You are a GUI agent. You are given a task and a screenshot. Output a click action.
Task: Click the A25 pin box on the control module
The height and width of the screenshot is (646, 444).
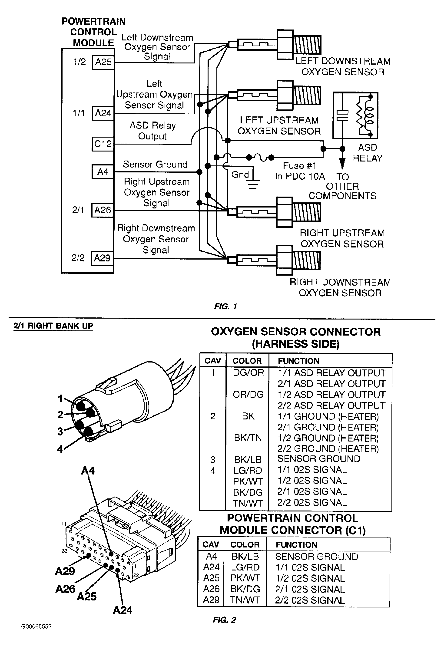[103, 62]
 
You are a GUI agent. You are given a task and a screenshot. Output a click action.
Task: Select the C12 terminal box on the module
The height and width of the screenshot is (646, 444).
[103, 144]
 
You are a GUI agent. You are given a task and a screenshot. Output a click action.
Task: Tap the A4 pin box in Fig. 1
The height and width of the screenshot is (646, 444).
[103, 171]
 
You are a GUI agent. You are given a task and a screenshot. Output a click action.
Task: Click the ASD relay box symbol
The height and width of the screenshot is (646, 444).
[355, 115]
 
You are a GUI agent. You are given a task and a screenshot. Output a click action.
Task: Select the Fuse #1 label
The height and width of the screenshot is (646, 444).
[300, 165]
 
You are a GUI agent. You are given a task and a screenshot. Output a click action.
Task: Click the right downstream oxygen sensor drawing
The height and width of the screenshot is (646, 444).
[274, 260]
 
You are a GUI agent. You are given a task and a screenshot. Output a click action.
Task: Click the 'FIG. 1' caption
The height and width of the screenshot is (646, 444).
[225, 307]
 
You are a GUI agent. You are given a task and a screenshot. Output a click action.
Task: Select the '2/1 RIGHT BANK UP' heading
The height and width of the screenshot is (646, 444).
[53, 326]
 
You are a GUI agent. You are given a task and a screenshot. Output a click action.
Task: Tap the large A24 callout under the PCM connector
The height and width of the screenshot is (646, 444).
[123, 610]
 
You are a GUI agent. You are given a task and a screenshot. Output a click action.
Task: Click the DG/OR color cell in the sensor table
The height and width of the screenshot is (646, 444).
[248, 373]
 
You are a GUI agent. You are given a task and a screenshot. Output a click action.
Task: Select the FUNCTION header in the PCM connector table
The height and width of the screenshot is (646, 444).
[297, 544]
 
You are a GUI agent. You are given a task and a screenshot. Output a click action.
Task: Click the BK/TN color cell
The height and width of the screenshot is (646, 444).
[248, 438]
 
